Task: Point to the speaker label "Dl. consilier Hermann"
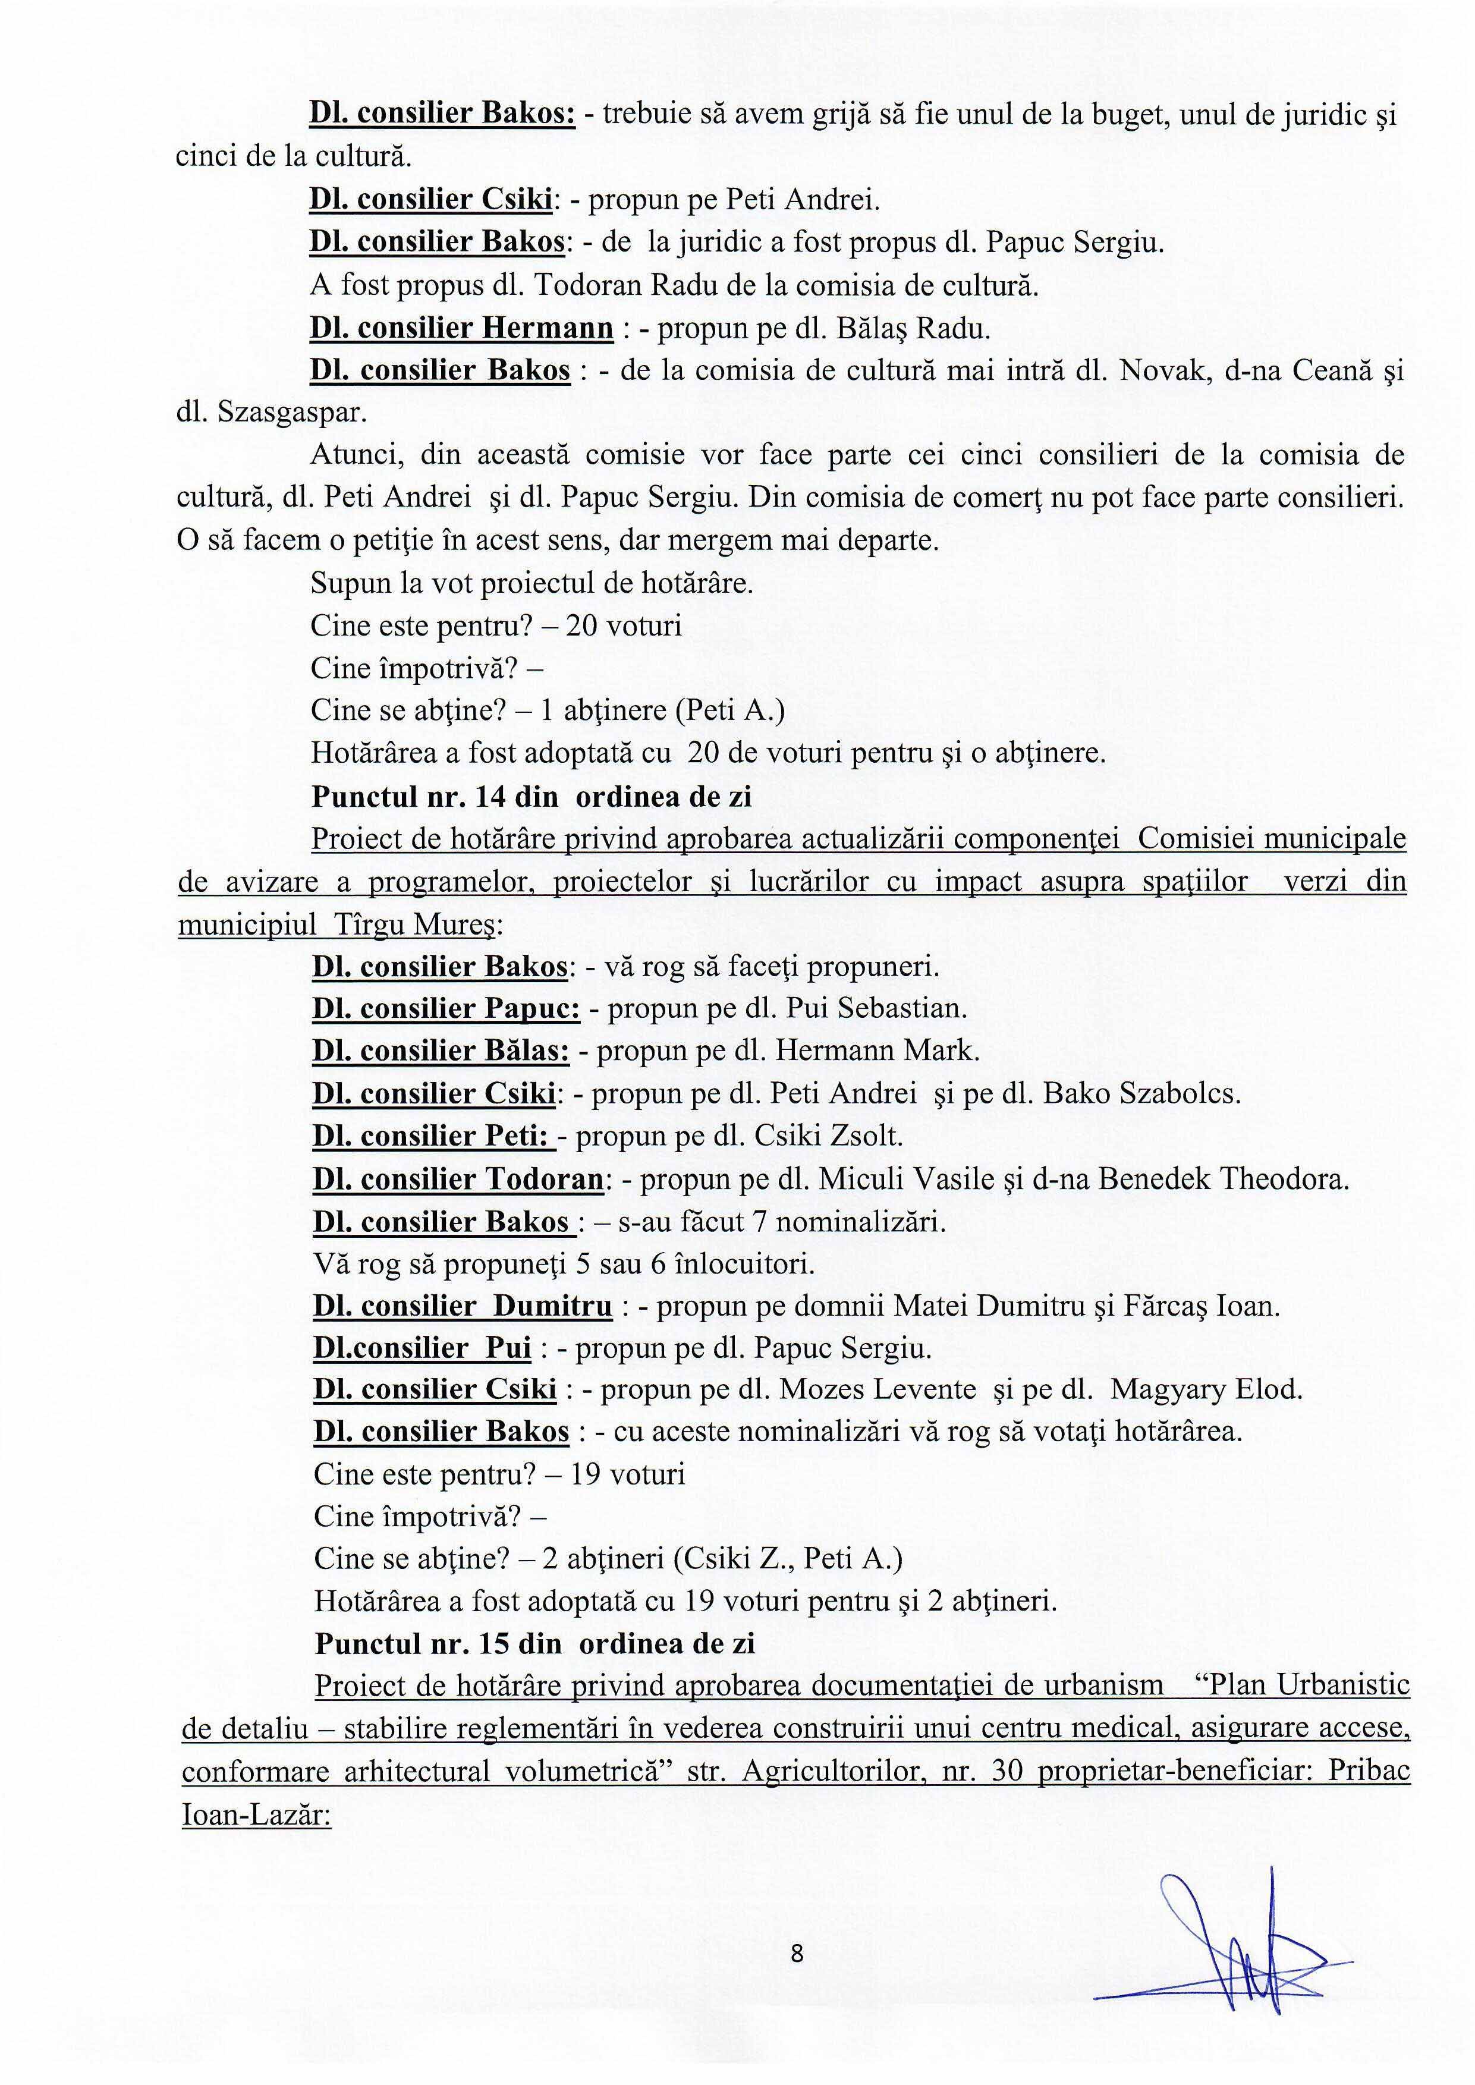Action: (x=461, y=328)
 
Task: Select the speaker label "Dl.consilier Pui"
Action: (x=422, y=1348)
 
